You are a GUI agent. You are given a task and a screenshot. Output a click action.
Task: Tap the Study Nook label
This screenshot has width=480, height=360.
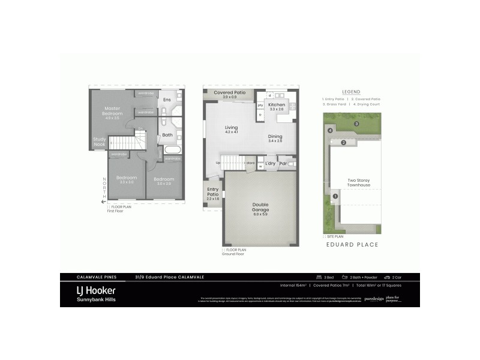100,142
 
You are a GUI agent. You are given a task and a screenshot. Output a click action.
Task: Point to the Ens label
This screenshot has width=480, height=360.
167,99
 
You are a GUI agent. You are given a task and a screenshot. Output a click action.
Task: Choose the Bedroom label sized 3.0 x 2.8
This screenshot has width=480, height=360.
163,179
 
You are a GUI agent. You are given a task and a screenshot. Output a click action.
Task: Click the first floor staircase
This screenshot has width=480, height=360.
127,143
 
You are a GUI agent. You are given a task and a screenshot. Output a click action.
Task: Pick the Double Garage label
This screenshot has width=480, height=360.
260,207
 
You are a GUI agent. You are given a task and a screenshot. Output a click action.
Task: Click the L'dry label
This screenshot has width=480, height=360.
270,163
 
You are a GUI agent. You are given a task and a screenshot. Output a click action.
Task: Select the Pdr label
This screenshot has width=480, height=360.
283,163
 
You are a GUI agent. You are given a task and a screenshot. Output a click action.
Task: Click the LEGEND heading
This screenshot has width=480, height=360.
351,91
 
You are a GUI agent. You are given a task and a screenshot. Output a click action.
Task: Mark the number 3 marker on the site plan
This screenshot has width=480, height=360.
356,124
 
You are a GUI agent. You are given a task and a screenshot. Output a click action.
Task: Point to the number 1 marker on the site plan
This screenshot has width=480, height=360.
335,196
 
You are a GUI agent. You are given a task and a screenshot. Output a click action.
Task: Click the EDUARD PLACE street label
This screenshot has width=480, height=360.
352,244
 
